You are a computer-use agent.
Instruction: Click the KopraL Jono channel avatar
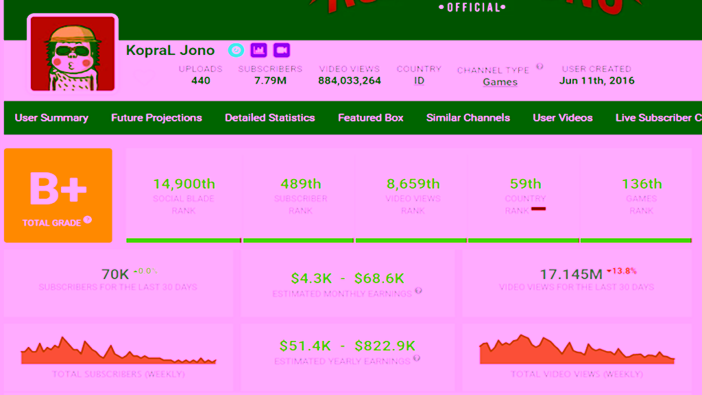point(72,53)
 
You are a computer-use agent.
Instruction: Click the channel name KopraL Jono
point(170,50)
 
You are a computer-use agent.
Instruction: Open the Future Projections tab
point(156,117)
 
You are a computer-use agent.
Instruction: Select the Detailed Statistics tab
point(269,117)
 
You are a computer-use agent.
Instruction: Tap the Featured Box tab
point(370,117)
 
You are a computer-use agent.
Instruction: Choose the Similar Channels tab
point(468,117)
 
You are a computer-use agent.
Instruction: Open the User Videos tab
point(562,117)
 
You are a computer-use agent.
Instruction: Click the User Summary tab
point(51,117)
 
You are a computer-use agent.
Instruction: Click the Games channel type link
point(500,82)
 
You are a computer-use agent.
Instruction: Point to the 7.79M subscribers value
point(270,80)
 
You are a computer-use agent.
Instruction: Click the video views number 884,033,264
point(350,80)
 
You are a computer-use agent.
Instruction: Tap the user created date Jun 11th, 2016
point(596,80)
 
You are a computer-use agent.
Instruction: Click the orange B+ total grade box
point(58,195)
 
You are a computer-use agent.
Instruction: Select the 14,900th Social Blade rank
point(184,184)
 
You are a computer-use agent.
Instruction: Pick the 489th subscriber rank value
point(300,184)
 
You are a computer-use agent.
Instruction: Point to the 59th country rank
point(525,184)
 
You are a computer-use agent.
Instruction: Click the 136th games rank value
point(642,184)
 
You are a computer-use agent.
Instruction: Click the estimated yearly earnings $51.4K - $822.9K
point(348,346)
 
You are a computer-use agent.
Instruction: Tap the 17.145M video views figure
point(571,274)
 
